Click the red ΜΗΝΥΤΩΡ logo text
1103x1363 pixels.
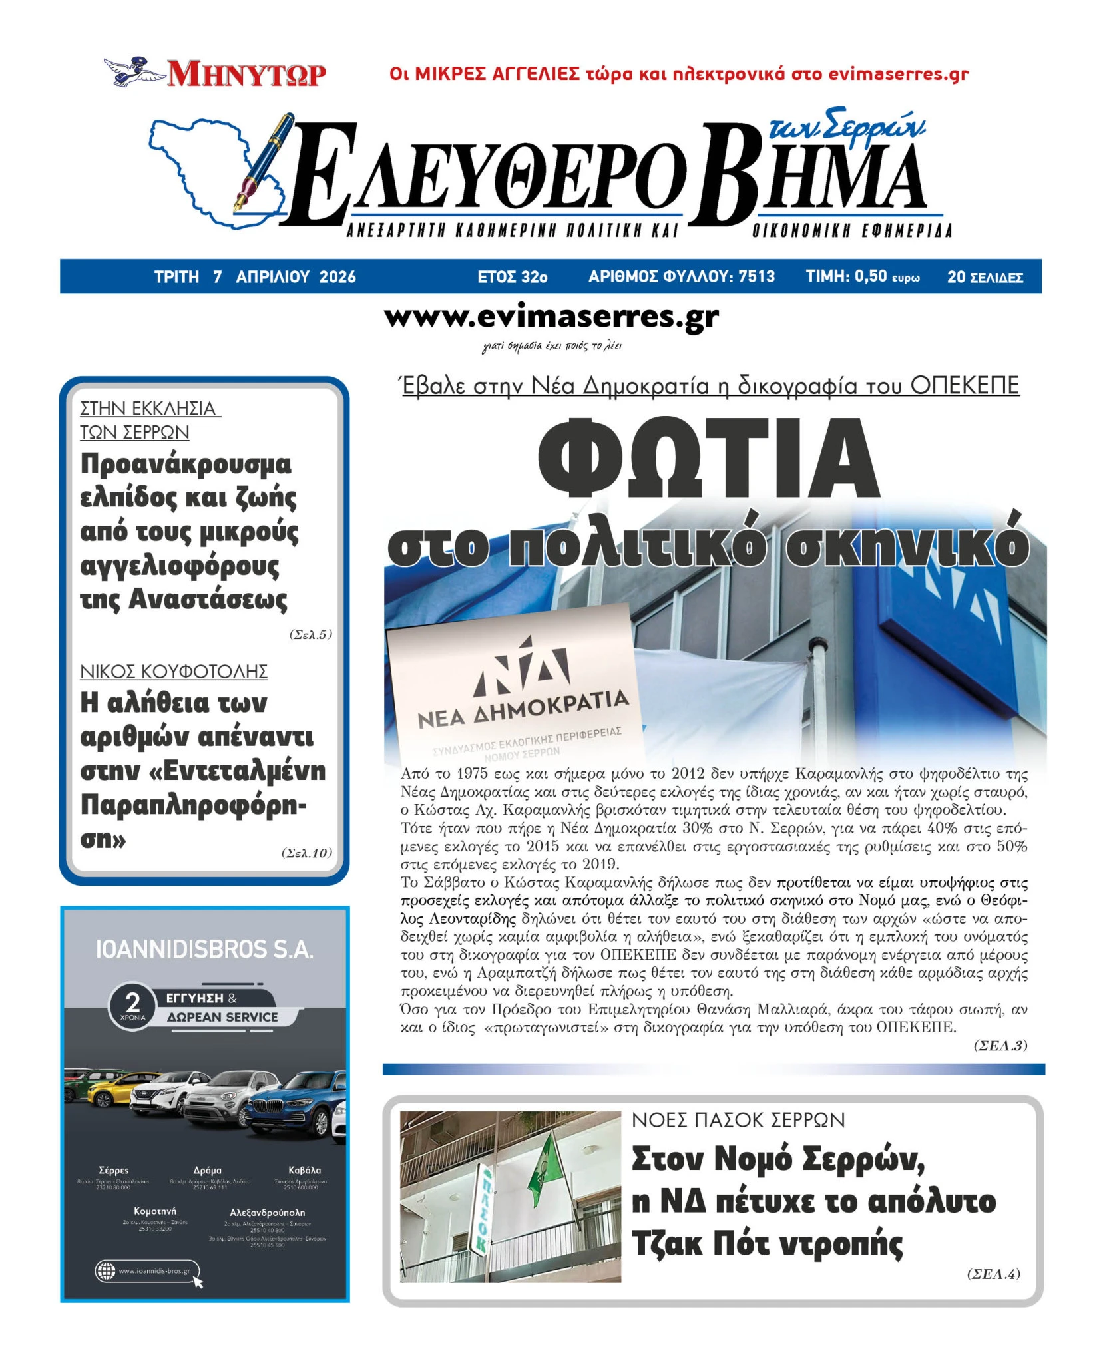[x=246, y=74]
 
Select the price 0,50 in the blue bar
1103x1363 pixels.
[x=870, y=276]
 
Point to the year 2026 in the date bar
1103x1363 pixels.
[x=337, y=277]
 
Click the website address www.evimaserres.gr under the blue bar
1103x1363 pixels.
[x=551, y=317]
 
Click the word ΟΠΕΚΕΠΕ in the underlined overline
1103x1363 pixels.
[x=965, y=385]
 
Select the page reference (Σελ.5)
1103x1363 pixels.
[x=310, y=634]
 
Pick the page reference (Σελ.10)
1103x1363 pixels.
[x=306, y=853]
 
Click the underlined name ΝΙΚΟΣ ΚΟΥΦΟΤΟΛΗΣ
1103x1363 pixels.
[x=174, y=671]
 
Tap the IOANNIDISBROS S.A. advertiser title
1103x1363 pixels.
[x=204, y=950]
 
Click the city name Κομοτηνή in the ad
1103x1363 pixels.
[x=155, y=1211]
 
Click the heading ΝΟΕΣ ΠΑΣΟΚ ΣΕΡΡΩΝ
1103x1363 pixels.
[x=738, y=1120]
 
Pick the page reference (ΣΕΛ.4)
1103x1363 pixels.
[x=993, y=1274]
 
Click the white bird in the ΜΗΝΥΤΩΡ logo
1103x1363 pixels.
[x=133, y=71]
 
